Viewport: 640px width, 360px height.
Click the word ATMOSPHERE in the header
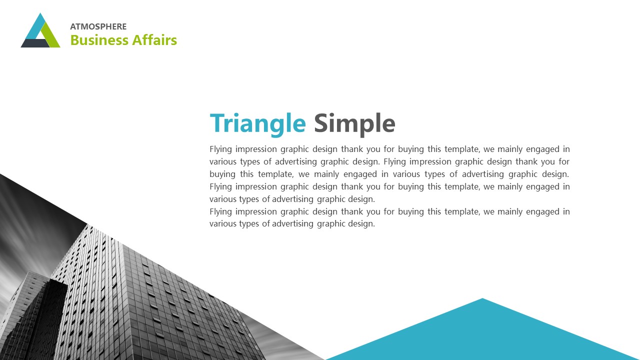(98, 26)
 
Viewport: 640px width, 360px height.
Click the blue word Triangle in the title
(257, 124)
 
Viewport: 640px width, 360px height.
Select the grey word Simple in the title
(354, 124)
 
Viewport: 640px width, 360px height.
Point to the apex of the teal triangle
(482, 298)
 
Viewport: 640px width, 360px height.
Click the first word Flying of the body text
(220, 149)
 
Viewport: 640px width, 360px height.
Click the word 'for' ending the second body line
(564, 161)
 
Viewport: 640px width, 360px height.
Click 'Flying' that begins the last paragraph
(220, 212)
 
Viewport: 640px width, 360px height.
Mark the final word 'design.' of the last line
(361, 224)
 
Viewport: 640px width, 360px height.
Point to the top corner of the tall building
(87, 224)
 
